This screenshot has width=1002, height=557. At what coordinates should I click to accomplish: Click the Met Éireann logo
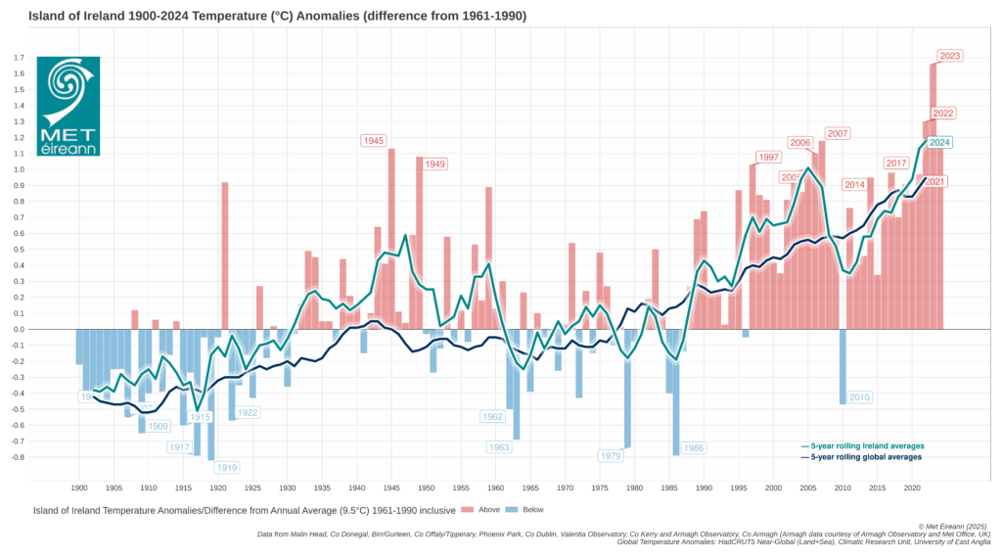[68, 106]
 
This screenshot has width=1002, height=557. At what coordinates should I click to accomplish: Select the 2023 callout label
[950, 56]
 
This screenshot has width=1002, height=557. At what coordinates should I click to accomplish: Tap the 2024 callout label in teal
[939, 142]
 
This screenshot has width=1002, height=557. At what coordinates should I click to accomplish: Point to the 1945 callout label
[373, 141]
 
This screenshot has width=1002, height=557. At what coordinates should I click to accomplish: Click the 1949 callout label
[434, 163]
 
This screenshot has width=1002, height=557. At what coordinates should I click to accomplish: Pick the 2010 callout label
[859, 397]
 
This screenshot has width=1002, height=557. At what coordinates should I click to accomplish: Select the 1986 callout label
[693, 448]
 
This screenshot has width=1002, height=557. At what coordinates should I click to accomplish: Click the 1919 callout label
[227, 468]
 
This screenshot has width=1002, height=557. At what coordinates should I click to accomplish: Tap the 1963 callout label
[499, 446]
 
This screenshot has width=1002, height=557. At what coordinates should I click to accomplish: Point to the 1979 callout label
[611, 455]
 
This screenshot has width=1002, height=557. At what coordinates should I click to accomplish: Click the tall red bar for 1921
[225, 255]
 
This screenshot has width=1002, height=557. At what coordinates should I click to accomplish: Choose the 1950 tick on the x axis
[426, 487]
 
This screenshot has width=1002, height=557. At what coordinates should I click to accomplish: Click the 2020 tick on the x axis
[910, 487]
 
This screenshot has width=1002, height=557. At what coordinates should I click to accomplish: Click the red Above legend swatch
[467, 510]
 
